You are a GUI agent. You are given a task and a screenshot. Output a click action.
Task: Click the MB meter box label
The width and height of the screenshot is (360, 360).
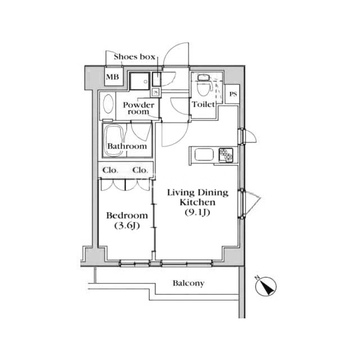pos(112,77)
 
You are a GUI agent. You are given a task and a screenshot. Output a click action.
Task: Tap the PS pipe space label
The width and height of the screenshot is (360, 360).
pos(233,94)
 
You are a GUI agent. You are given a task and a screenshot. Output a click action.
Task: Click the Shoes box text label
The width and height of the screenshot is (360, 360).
pos(134,57)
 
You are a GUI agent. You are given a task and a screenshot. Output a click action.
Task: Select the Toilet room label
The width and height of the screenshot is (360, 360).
pos(204,105)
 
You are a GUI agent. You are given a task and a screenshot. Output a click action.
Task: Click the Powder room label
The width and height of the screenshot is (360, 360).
pos(138,108)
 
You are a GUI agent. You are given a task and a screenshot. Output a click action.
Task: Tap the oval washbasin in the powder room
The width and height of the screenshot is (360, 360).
pos(108,104)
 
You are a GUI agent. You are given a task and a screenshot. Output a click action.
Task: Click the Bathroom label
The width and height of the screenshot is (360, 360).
pos(127,146)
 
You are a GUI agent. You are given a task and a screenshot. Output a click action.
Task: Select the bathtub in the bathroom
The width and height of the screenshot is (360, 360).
pos(114,141)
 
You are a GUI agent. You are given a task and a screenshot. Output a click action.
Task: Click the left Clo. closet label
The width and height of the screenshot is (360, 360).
pos(110,170)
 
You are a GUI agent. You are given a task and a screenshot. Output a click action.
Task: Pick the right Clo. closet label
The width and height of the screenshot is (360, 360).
pos(140,170)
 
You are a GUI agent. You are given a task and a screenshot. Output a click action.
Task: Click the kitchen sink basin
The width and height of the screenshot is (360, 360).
pos(204,155)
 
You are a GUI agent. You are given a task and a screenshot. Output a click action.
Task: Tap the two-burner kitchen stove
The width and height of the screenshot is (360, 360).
pos(226,155)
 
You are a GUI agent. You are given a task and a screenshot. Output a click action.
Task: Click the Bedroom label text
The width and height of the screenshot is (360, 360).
pos(127,216)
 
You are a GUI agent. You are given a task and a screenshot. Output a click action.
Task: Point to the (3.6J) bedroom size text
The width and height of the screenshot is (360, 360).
pos(127,226)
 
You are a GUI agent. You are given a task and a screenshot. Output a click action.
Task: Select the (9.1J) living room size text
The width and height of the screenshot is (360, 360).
pos(197,213)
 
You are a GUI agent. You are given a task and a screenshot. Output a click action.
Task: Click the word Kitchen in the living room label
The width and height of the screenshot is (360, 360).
pos(197,202)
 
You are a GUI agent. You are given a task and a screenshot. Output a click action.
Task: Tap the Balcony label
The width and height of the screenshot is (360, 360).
pos(188,283)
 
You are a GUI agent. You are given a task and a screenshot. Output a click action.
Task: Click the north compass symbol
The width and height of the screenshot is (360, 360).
pos(266,286)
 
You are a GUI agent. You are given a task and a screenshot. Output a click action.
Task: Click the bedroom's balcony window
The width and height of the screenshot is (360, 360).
pos(135,263)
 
